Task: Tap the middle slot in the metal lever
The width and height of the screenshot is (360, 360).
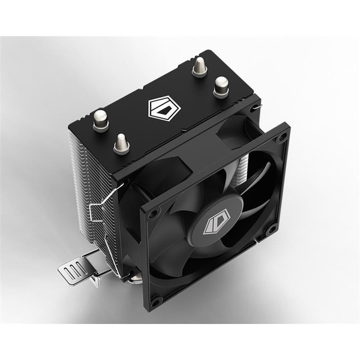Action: click(73, 271)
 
